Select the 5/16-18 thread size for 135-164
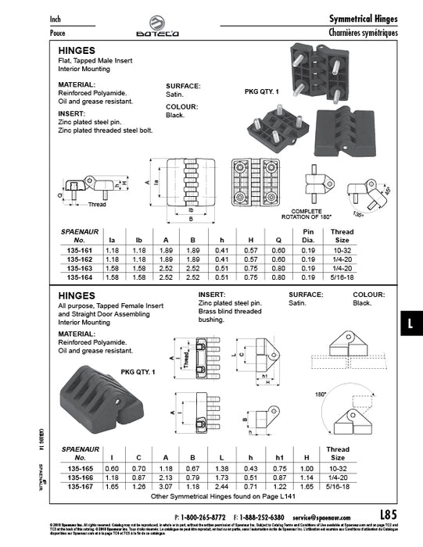341,277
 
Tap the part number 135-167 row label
78,484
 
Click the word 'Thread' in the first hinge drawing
97,205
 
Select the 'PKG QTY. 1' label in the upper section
263,91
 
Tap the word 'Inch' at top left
56,18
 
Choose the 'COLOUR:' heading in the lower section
368,295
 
